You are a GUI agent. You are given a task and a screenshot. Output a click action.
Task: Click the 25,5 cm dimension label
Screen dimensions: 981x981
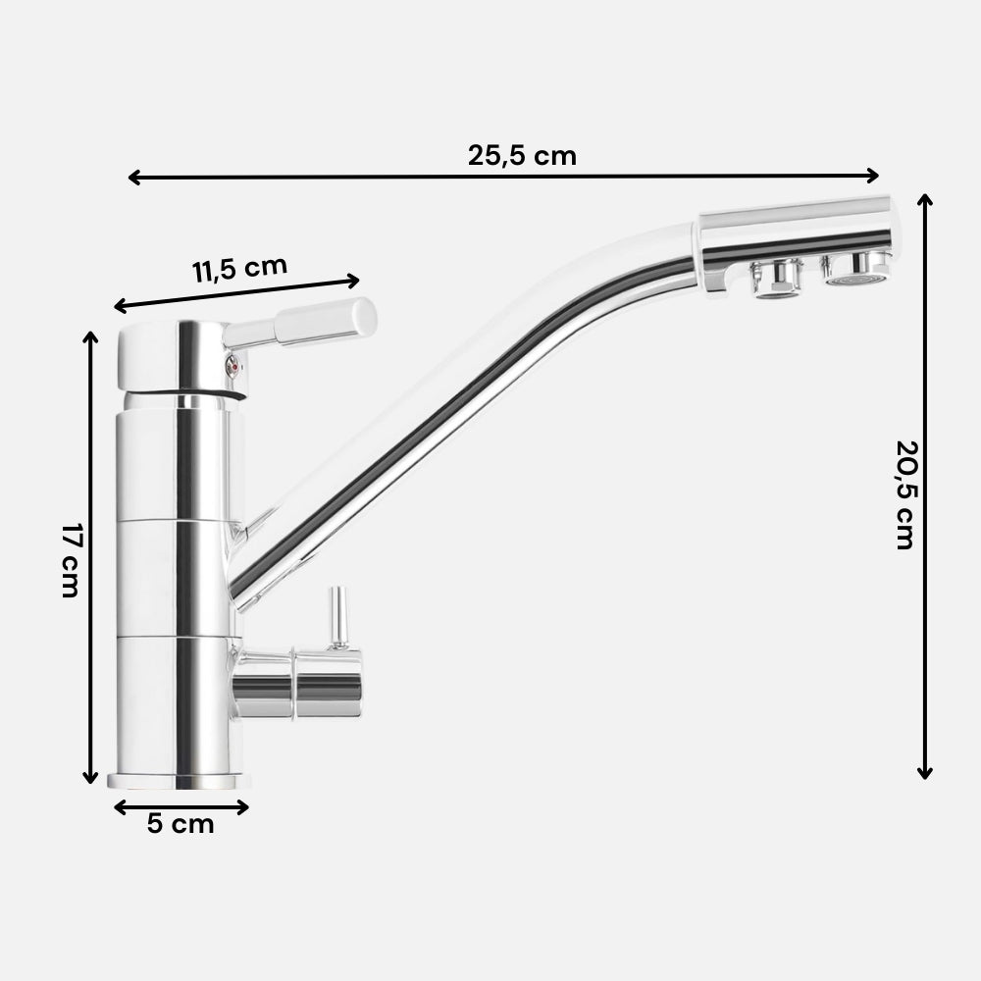[x=522, y=154]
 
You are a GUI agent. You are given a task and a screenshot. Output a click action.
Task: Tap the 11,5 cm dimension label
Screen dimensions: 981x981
[x=238, y=269]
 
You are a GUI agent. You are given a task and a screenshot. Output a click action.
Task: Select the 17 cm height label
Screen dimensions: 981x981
[x=69, y=561]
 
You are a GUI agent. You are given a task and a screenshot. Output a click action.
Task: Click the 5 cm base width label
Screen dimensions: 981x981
[x=181, y=823]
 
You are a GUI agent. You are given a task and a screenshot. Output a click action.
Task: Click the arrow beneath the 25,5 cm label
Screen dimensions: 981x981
[x=503, y=177]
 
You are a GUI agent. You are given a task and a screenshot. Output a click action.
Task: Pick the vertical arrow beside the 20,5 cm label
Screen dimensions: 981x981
[x=924, y=486]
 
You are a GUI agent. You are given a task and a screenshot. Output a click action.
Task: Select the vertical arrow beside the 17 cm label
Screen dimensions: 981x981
[x=91, y=557]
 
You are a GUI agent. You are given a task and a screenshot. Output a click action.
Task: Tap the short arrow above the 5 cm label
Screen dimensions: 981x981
[x=181, y=806]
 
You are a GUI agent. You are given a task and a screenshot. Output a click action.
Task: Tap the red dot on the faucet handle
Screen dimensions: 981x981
[x=232, y=366]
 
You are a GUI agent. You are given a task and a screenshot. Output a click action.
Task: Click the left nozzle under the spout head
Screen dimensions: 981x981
[x=776, y=279]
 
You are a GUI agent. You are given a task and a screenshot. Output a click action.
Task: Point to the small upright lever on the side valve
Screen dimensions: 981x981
[x=336, y=616]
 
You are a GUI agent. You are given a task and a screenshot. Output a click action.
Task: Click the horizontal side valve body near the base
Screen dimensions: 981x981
[x=299, y=683]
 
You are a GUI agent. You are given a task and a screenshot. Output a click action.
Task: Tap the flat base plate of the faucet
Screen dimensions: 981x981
[x=179, y=781]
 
